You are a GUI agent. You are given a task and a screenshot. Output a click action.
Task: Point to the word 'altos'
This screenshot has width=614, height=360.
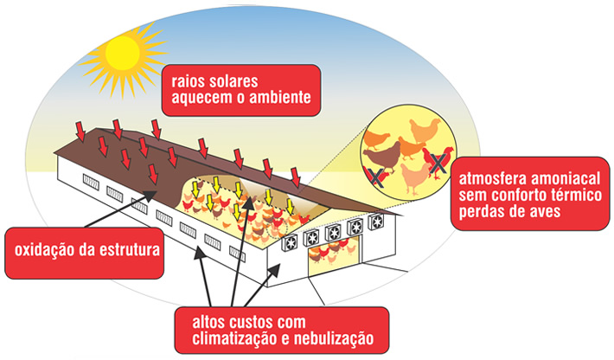pos(217,321)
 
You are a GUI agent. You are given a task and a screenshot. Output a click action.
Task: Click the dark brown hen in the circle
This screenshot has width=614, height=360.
pos(381,157)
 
